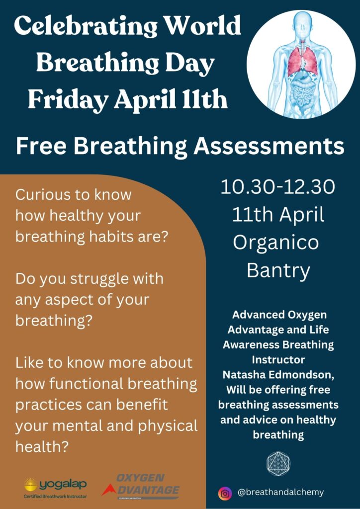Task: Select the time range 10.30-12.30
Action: (x=277, y=187)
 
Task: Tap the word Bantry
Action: (x=278, y=270)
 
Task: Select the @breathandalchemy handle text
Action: (x=280, y=493)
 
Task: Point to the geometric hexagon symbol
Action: (x=278, y=464)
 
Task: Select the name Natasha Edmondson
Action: (x=278, y=375)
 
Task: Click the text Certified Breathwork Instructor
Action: (x=56, y=497)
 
